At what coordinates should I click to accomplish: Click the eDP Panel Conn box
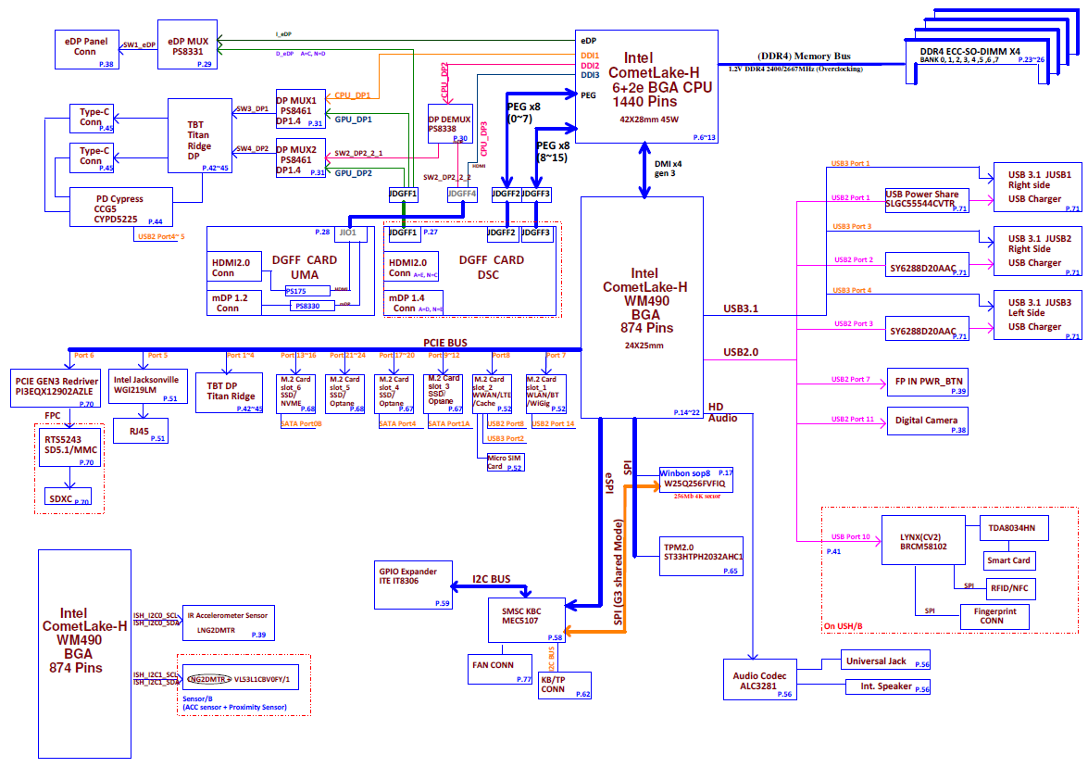pyautogui.click(x=86, y=48)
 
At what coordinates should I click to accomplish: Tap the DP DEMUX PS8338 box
pyautogui.click(x=449, y=124)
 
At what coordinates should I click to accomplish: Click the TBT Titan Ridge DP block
pyautogui.click(x=200, y=135)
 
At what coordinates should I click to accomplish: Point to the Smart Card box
pyautogui.click(x=1007, y=560)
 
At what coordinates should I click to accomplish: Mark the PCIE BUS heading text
pyautogui.click(x=445, y=343)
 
